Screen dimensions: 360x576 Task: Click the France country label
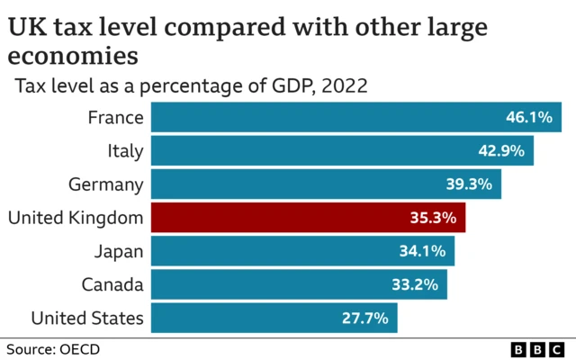115,118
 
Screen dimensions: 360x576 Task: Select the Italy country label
125,151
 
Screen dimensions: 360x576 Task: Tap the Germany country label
105,184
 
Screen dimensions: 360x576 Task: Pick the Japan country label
119,251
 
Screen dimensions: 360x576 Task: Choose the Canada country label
112,284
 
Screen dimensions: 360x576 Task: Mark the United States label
86,318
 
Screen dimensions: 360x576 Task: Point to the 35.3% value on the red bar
432,218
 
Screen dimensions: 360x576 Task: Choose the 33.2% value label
414,284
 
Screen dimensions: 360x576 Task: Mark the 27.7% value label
364,318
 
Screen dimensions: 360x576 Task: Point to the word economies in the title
73,56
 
